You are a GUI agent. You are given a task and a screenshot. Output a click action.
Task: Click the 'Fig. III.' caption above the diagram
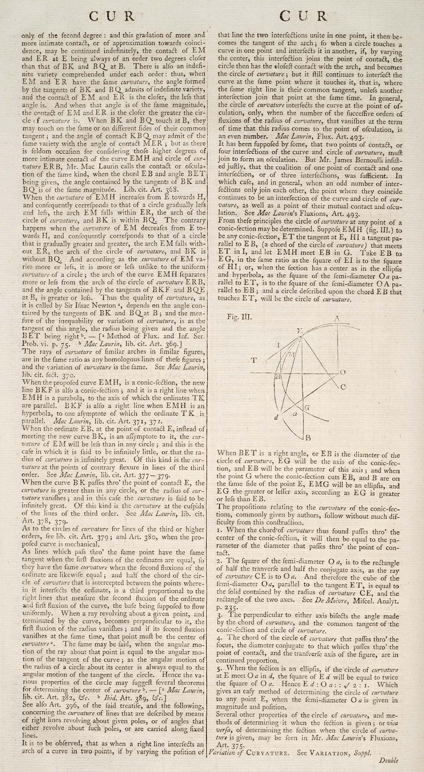tap(239, 317)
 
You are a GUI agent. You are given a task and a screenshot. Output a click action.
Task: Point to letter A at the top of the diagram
tap(337, 319)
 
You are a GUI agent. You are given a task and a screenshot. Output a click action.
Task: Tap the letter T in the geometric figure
tap(254, 360)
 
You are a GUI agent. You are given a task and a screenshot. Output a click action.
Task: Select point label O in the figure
tap(343, 372)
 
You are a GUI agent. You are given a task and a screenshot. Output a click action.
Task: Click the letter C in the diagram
tap(343, 387)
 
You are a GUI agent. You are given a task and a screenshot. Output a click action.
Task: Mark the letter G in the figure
tap(307, 408)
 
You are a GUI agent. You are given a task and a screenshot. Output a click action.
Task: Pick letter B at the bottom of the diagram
tap(308, 438)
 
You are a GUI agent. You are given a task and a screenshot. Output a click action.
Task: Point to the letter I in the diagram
tap(278, 345)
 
